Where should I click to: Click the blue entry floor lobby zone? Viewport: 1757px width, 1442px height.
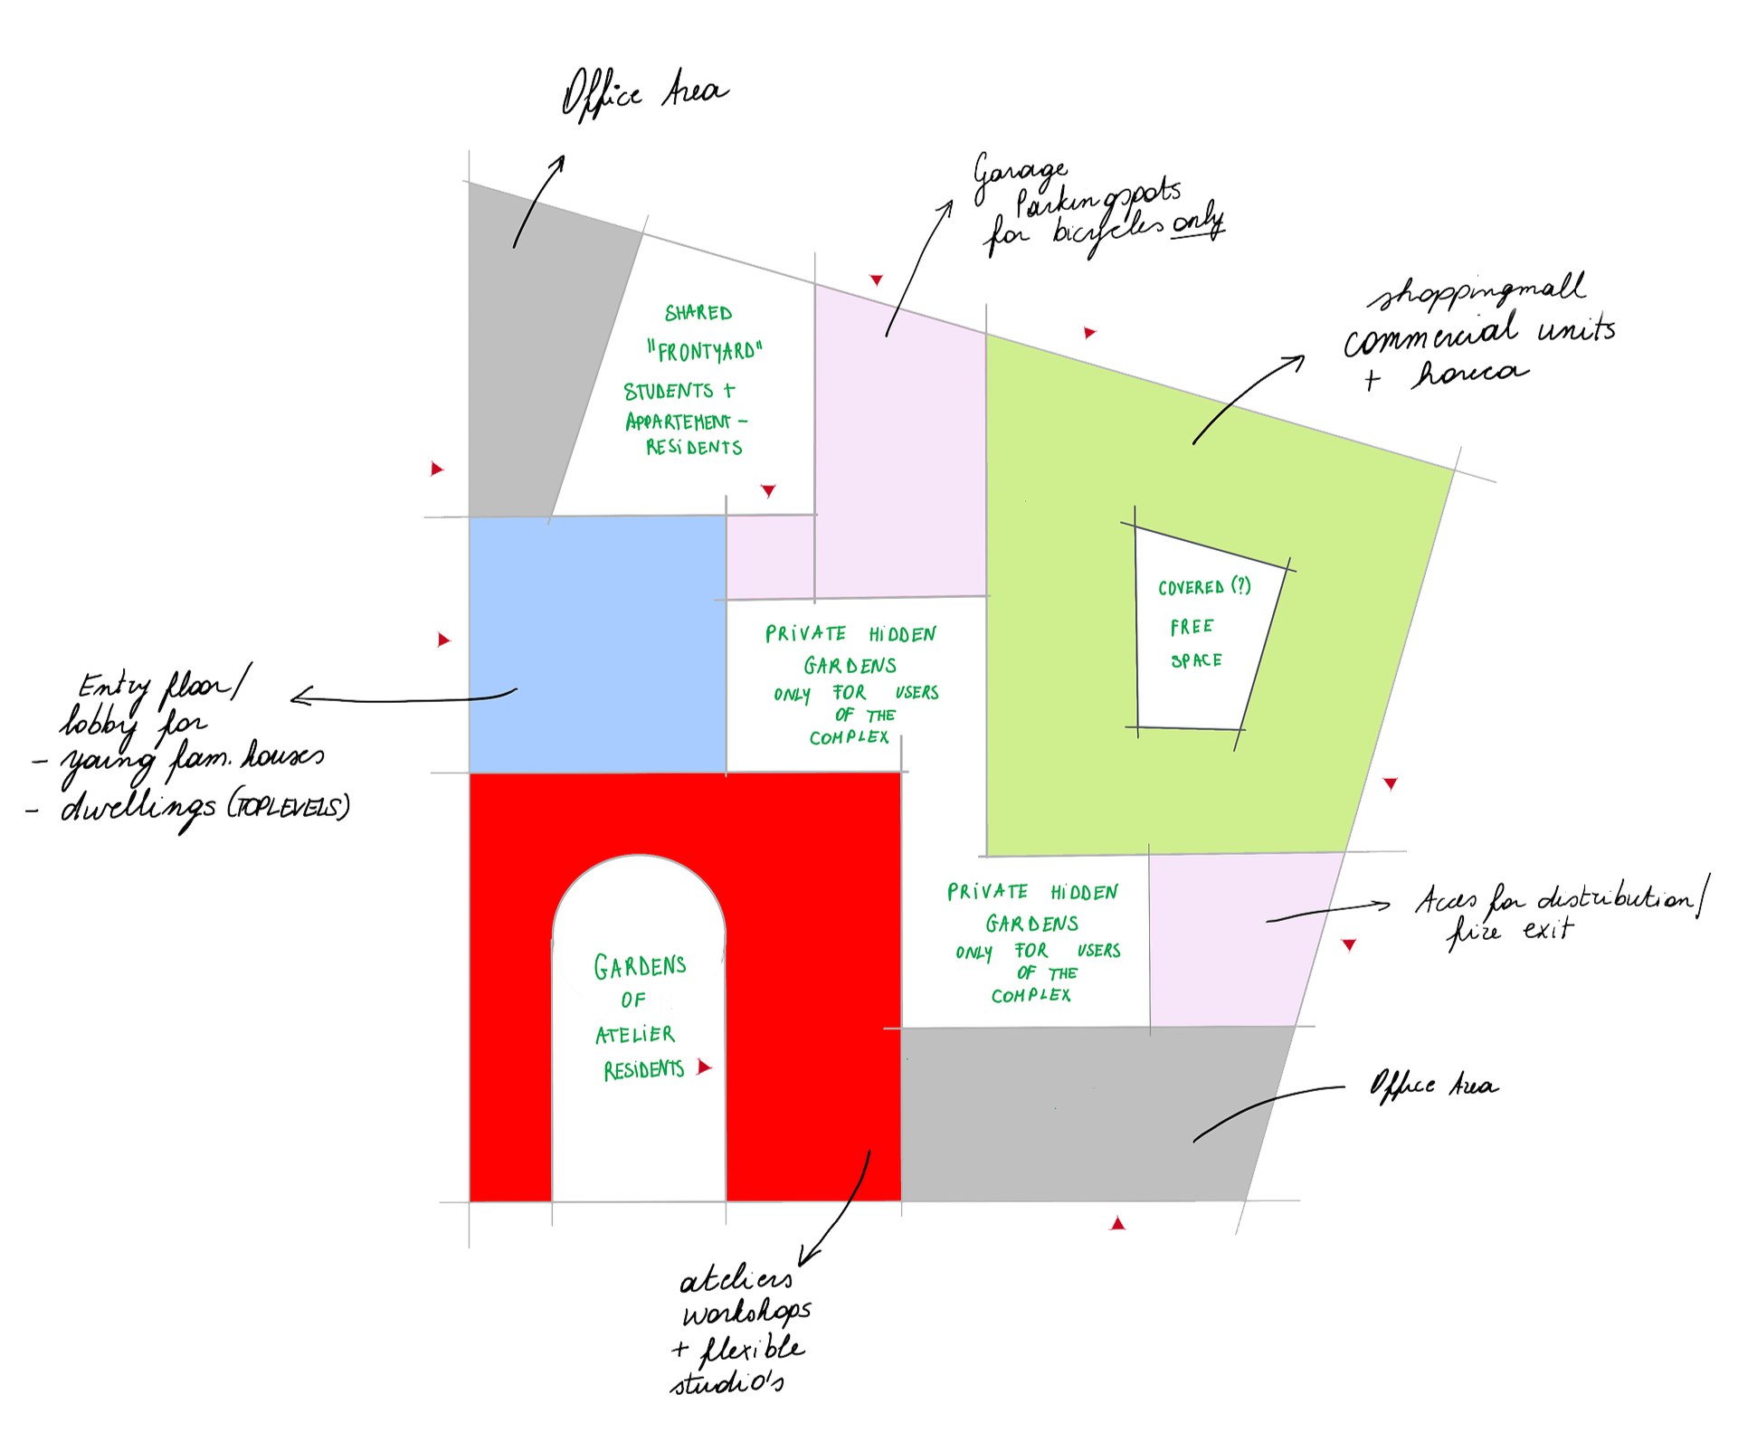click(x=597, y=642)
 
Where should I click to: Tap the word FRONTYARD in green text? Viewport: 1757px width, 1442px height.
click(x=706, y=351)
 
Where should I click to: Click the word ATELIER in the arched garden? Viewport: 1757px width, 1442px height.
click(x=635, y=1034)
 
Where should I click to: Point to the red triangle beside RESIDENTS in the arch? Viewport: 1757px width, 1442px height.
click(x=704, y=1068)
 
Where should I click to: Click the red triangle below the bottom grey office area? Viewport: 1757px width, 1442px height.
click(x=1119, y=1225)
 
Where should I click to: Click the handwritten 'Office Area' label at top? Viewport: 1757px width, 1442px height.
click(x=644, y=99)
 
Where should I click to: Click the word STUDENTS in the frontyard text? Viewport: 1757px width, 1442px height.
click(x=669, y=392)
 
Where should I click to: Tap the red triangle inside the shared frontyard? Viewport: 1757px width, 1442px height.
click(x=768, y=491)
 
